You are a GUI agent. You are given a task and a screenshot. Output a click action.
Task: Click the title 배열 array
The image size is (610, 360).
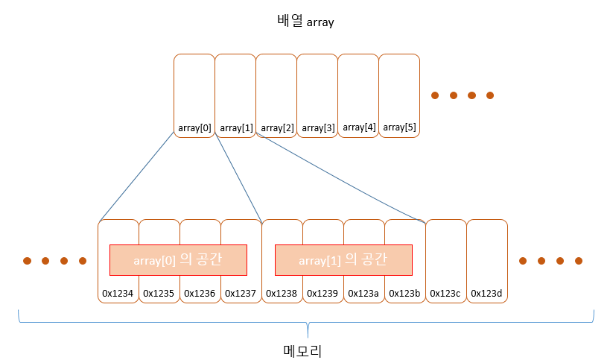(305, 22)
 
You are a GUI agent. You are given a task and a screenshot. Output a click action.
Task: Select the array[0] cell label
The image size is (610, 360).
(194, 127)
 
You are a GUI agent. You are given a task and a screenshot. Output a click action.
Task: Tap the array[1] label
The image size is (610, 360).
(236, 127)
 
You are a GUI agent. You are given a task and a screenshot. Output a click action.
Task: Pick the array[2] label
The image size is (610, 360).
(277, 127)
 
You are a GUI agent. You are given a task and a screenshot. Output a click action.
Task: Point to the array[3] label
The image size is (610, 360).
(317, 127)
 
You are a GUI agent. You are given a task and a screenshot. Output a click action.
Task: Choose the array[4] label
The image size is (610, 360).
(358, 127)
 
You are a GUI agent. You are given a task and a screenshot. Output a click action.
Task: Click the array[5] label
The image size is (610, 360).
(399, 127)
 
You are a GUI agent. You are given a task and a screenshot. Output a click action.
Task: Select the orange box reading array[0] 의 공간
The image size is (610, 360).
(178, 260)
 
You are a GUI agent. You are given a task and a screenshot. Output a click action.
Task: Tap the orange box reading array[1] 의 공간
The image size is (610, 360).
(343, 260)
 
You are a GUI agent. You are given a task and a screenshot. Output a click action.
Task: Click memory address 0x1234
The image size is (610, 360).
(118, 294)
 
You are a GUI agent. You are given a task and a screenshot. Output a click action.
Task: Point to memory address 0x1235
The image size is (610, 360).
(159, 294)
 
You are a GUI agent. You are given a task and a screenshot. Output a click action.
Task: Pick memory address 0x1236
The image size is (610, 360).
(200, 294)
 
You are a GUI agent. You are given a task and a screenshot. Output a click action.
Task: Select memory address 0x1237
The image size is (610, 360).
(241, 294)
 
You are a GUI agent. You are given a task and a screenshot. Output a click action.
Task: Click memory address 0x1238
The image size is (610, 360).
(282, 294)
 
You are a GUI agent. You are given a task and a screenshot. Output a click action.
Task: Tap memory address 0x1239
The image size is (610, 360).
(323, 294)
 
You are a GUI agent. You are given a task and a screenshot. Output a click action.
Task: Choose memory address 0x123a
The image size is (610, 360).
(363, 294)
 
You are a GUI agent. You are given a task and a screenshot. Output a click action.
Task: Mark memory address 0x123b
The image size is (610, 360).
(404, 294)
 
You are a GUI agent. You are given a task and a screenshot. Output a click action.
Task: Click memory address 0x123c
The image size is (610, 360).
(445, 294)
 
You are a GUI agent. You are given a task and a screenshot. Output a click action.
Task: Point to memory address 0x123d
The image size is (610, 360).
(486, 294)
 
